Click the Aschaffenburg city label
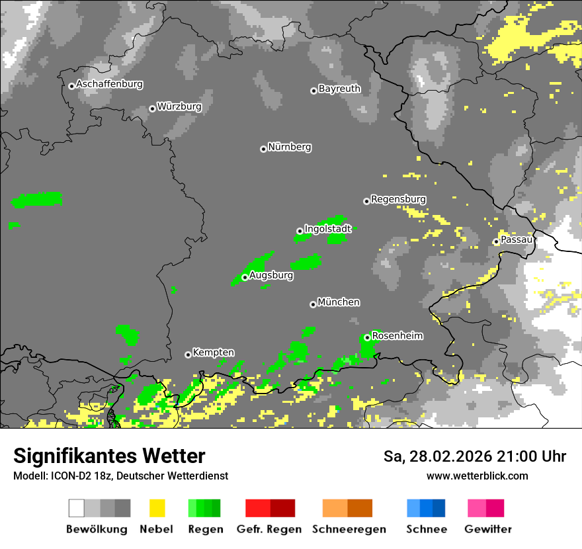click(109, 84)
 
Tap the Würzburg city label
click(179, 106)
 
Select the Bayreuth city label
click(339, 88)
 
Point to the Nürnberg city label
click(289, 147)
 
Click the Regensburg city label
click(398, 199)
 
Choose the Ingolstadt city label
click(327, 229)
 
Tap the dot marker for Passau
click(496, 241)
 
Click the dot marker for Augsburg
click(245, 277)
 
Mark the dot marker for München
click(313, 304)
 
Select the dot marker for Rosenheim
click(367, 337)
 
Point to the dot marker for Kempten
click(188, 355)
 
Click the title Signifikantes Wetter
click(109, 456)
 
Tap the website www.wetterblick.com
click(477, 476)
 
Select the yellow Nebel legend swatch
click(157, 508)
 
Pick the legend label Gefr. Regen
click(269, 529)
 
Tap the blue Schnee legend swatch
click(426, 508)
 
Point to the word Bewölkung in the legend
click(97, 529)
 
